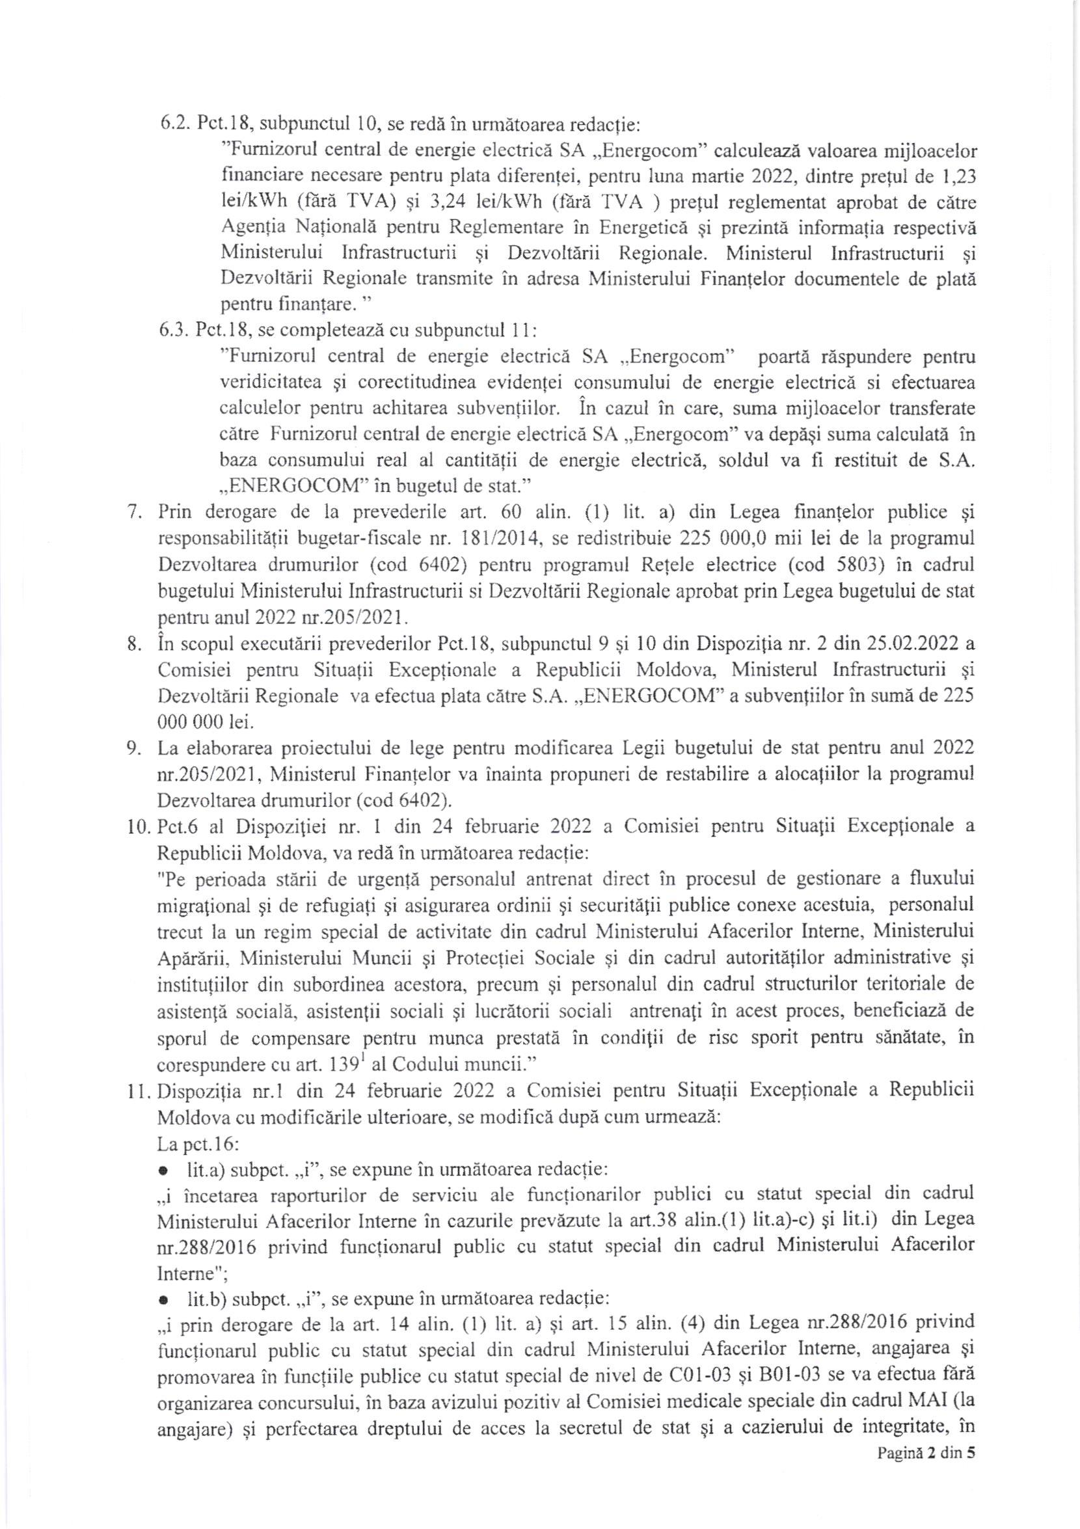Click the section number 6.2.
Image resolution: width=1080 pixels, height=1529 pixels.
pos(171,124)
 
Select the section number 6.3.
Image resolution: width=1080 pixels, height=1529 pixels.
pos(171,331)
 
